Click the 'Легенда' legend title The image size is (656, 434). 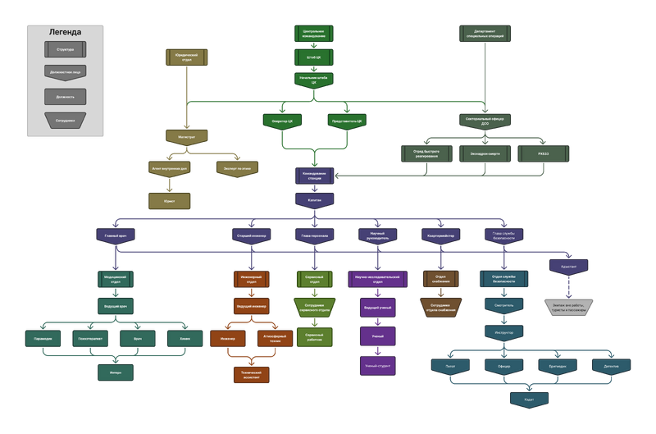pyautogui.click(x=65, y=33)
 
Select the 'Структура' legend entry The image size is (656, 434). pyautogui.click(x=65, y=49)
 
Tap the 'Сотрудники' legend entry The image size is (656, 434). pyautogui.click(x=65, y=120)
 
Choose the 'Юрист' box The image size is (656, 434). pyautogui.click(x=169, y=199)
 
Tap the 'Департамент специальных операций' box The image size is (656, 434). pyautogui.click(x=485, y=33)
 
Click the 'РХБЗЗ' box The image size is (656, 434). pyautogui.click(x=544, y=153)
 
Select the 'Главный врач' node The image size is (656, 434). pyautogui.click(x=116, y=235)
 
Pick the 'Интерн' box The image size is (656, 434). pyautogui.click(x=116, y=371)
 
